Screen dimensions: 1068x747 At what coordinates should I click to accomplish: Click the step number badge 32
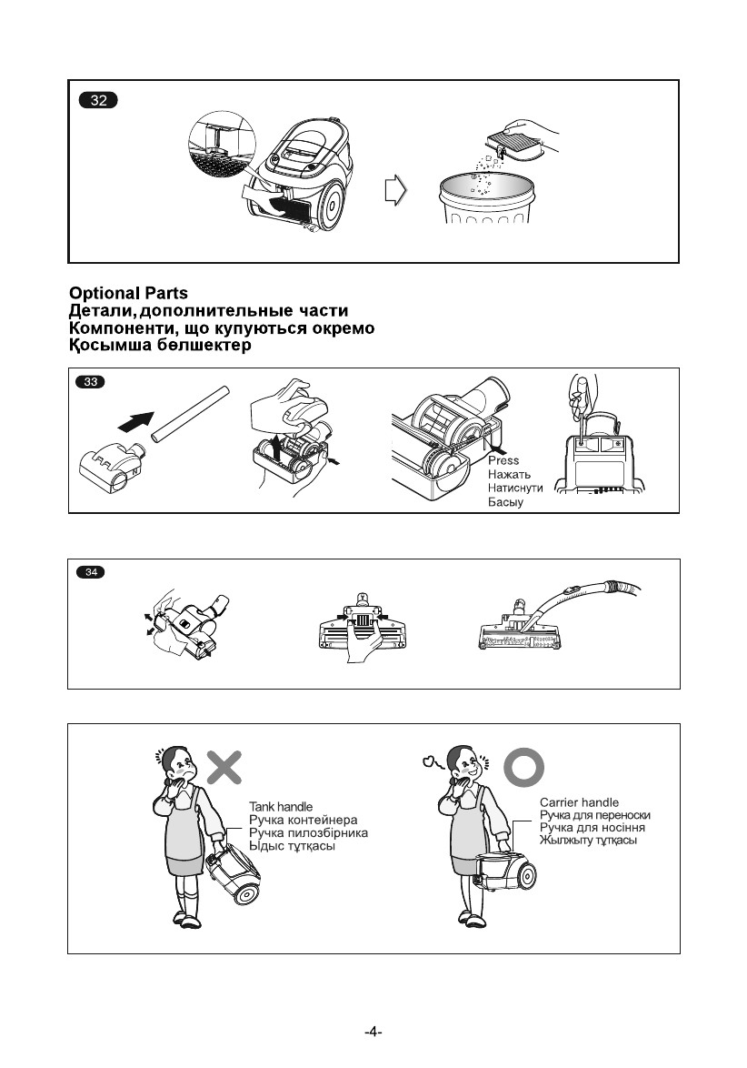(98, 101)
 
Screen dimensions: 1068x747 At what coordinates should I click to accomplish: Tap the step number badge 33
(91, 382)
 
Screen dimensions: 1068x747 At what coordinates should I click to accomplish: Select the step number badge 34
(91, 573)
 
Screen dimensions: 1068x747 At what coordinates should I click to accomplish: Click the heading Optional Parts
(129, 293)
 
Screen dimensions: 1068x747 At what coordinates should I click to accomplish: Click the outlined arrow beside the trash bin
(395, 192)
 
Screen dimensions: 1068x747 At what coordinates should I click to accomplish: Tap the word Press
(503, 460)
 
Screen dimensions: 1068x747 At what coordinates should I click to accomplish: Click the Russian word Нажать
(509, 474)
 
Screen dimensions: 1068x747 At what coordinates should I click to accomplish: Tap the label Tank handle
(281, 807)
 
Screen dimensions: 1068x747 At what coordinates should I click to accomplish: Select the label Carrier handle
(579, 802)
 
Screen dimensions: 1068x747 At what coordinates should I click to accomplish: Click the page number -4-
(373, 1033)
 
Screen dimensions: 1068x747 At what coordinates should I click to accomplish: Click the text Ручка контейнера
(304, 820)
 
